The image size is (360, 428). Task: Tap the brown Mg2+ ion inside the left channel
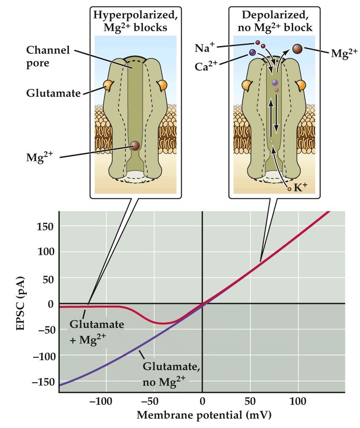click(135, 146)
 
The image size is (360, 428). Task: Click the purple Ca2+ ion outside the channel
click(253, 52)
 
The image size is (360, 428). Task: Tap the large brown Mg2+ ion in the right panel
click(298, 49)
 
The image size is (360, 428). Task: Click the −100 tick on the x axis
click(103, 402)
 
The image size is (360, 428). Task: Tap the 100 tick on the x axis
click(298, 402)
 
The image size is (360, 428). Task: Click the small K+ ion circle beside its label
click(289, 189)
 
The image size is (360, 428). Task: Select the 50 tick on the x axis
click(250, 402)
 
